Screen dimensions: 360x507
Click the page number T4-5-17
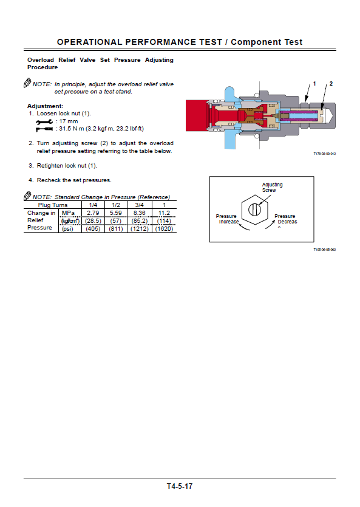point(179,486)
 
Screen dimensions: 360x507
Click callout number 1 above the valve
point(314,84)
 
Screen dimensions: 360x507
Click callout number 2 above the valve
point(331,84)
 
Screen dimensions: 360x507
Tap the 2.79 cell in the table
point(93,213)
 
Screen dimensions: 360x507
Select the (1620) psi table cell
point(164,228)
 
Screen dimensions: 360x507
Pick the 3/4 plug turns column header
point(139,205)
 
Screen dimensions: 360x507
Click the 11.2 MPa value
point(164,213)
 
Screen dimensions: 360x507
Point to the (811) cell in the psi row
point(116,228)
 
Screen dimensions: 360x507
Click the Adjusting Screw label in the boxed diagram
point(272,187)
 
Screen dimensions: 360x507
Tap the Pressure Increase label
point(227,219)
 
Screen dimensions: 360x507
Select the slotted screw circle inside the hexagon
point(254,209)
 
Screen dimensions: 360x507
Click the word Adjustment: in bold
point(46,106)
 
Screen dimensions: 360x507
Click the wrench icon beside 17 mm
point(44,121)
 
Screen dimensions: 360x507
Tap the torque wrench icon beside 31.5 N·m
point(44,129)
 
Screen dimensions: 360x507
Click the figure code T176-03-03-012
point(324,154)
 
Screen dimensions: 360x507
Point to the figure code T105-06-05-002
point(324,250)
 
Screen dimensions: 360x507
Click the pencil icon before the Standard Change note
point(27,196)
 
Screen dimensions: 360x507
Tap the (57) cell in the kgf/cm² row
point(116,221)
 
